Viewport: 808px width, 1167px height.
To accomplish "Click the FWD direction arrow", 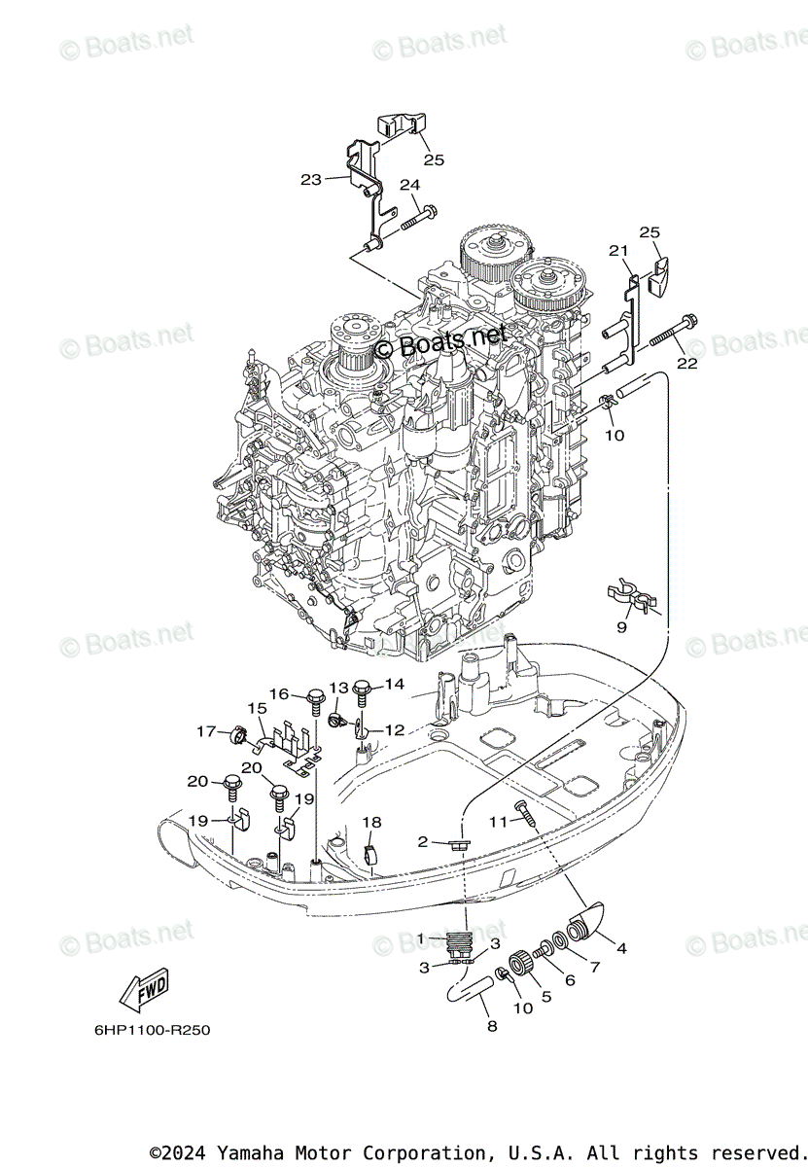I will point(144,989).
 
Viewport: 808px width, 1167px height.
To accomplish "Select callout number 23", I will point(311,179).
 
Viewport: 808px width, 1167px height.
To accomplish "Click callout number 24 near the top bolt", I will point(408,185).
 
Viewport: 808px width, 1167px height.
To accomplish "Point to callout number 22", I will point(687,364).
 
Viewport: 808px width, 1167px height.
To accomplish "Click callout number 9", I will point(621,627).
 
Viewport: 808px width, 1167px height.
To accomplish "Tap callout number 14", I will point(393,685).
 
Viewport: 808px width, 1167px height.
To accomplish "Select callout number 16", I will point(279,693).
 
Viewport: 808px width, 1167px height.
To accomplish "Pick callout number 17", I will point(206,731).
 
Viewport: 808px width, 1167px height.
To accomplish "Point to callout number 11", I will point(498,822).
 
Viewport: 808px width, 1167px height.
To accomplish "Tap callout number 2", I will point(423,842).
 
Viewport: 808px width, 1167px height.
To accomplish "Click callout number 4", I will point(621,948).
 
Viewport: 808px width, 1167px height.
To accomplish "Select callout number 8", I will point(492,1026).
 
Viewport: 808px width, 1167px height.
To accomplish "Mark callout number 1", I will point(421,937).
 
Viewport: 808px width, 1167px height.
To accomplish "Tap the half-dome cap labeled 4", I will point(587,917).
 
